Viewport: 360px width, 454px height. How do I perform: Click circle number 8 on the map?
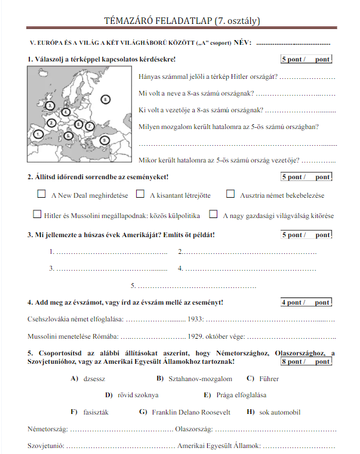[106, 99]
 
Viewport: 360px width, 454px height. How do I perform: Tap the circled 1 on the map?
[38, 134]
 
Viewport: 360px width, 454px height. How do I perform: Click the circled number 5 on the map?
[69, 136]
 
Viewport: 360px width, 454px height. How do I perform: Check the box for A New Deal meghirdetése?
[42, 194]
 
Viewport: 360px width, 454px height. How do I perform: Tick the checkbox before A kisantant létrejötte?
[140, 194]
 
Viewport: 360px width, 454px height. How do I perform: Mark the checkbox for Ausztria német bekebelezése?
[230, 194]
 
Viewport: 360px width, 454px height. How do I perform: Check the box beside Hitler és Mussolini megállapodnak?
[37, 214]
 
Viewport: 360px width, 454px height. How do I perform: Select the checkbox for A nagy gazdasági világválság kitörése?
[213, 214]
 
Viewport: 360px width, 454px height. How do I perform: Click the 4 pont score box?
[306, 302]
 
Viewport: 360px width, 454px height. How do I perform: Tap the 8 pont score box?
[306, 361]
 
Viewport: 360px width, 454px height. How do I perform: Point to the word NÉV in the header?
[242, 43]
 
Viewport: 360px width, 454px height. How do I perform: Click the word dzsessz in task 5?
[95, 379]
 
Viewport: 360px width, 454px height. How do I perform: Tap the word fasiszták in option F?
[96, 412]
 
